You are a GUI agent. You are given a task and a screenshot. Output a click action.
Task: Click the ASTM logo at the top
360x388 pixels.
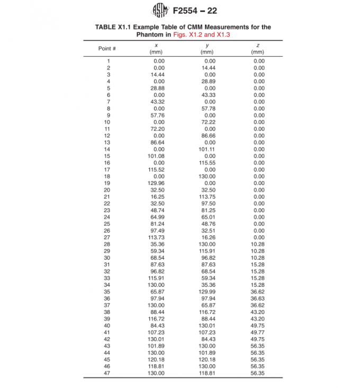coord(159,11)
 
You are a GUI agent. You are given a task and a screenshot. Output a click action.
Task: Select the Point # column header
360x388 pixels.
coord(107,48)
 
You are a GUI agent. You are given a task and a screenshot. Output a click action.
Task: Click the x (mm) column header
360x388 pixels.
coord(157,49)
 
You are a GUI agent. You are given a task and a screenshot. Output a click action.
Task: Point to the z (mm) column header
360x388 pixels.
coord(258,49)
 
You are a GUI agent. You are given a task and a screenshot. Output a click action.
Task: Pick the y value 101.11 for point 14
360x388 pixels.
coord(207,149)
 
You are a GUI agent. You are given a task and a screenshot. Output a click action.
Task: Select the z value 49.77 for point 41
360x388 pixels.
coord(258,332)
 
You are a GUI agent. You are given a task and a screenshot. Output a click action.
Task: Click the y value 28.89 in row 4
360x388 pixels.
coord(208,81)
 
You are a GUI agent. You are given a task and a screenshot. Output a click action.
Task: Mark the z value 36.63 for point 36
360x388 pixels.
coord(258,298)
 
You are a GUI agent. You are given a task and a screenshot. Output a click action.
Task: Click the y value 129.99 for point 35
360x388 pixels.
coord(207,292)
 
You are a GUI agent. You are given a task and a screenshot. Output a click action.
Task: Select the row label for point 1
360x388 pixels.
coord(108,61)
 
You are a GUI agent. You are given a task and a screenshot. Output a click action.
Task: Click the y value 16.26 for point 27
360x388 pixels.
coord(208,237)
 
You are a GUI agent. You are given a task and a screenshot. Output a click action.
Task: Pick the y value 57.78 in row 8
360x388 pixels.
coord(208,108)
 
